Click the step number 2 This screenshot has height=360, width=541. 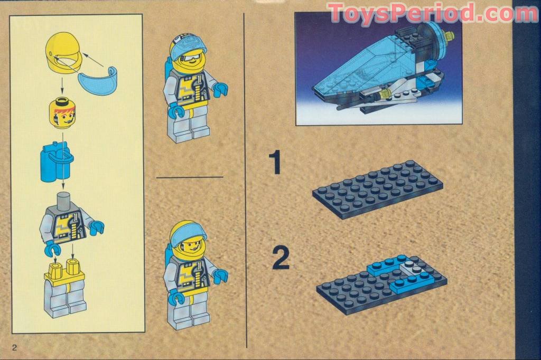tap(281, 258)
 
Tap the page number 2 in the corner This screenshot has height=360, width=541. tap(15, 347)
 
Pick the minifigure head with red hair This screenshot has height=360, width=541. tap(62, 112)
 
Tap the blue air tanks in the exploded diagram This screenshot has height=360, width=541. tap(55, 159)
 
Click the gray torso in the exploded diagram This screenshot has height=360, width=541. tap(67, 222)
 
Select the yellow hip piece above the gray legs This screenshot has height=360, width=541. tap(64, 270)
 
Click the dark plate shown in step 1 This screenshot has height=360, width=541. tap(377, 188)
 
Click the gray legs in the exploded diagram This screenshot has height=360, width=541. tap(65, 298)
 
